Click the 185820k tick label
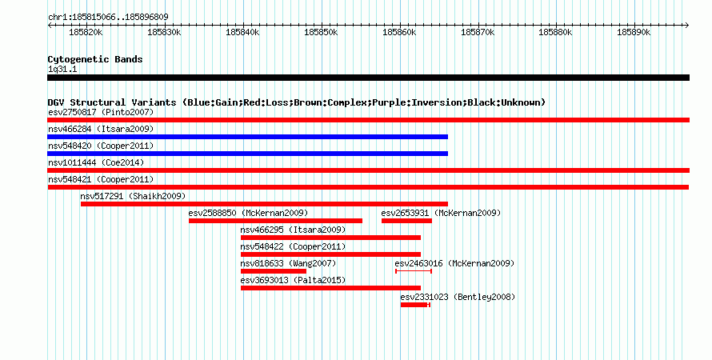tap(86, 33)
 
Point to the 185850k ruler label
tap(321, 33)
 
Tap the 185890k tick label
tap(634, 33)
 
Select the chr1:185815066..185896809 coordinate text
tap(108, 18)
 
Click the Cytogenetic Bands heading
tap(95, 59)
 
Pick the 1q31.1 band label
tap(62, 70)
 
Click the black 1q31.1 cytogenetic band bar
tap(368, 78)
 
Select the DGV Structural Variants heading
tap(297, 102)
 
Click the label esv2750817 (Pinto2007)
tap(101, 112)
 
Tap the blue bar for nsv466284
tap(247, 137)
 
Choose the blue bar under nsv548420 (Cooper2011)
tap(247, 154)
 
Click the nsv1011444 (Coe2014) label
tap(96, 162)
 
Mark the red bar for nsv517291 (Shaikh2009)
tap(264, 204)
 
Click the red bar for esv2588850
tap(276, 221)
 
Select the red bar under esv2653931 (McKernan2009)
tap(407, 221)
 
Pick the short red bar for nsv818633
tap(274, 271)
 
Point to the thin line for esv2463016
tap(414, 271)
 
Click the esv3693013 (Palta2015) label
tap(293, 280)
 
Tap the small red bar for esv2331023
tap(414, 305)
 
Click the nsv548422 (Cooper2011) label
tap(293, 246)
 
